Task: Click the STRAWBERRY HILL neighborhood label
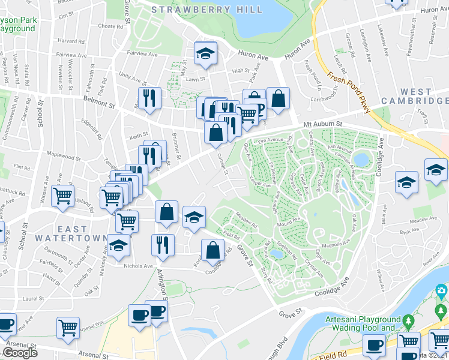tap(206, 10)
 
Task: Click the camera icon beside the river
tap(441, 291)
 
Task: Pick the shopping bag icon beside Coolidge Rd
tap(212, 250)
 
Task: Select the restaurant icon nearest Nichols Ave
tap(162, 245)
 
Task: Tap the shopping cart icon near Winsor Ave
tap(62, 196)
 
